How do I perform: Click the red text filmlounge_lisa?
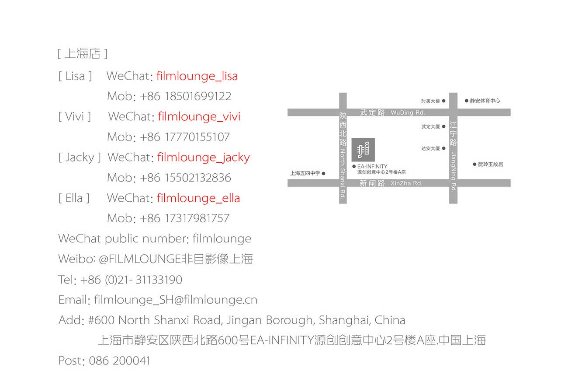(x=197, y=76)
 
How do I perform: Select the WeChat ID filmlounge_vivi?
(x=199, y=116)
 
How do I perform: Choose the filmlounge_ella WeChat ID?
(x=198, y=198)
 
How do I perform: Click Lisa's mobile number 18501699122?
(x=198, y=96)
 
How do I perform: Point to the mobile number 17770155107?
(x=197, y=137)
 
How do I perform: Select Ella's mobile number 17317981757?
(x=197, y=218)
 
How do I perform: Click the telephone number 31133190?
(x=159, y=280)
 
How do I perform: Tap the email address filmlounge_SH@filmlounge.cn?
(x=176, y=300)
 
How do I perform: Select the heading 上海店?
(x=83, y=53)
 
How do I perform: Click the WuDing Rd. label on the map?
(x=408, y=112)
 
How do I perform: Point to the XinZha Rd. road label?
(x=406, y=183)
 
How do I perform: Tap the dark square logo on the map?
(x=363, y=150)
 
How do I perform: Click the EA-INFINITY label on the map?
(x=372, y=166)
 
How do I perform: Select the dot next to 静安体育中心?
(x=466, y=101)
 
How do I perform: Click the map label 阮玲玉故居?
(x=490, y=165)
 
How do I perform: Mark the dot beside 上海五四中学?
(x=323, y=173)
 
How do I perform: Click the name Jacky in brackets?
(x=80, y=158)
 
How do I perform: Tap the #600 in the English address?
(x=101, y=320)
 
